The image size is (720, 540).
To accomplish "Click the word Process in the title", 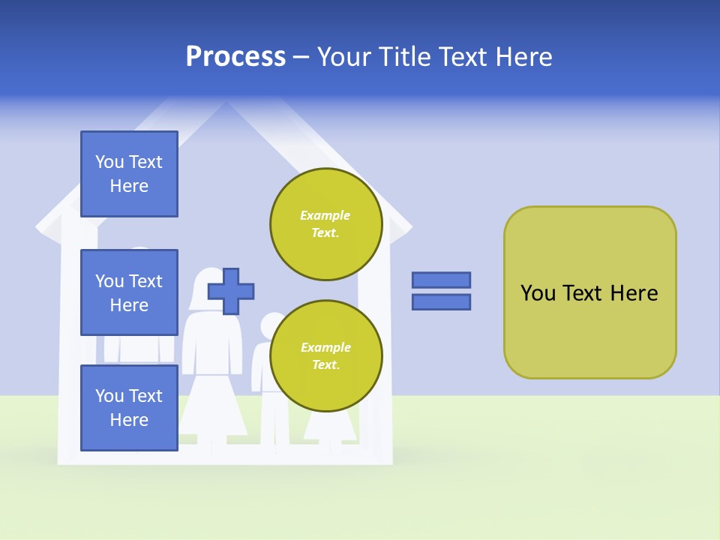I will (x=235, y=57).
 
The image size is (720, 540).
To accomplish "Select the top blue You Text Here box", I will (x=129, y=174).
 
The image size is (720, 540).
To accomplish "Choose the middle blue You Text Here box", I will (x=129, y=292).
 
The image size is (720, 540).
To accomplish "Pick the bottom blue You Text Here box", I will (x=129, y=407).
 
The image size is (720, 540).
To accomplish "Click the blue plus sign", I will (x=231, y=291).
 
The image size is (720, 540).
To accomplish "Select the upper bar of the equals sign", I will (x=441, y=280).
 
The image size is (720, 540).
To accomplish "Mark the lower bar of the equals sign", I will (x=441, y=302).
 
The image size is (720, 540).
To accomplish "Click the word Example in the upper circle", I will (x=325, y=215).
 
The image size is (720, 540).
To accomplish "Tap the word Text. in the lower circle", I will (x=325, y=365).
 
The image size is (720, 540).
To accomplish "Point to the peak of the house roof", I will (x=224, y=105).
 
